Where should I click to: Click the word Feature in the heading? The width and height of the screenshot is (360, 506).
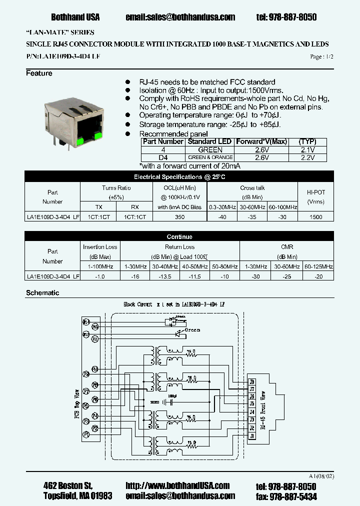point(39,73)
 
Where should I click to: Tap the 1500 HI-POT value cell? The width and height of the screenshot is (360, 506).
point(315,217)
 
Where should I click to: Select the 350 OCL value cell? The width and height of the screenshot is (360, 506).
point(180,217)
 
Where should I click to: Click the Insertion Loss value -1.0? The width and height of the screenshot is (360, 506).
point(100,276)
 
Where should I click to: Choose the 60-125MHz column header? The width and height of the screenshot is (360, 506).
point(318,267)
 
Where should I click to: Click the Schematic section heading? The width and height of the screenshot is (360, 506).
point(42,293)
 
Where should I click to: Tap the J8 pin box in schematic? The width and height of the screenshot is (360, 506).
point(252,381)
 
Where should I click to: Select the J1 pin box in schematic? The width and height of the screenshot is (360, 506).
point(252,435)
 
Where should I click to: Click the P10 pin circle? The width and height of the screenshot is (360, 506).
point(95,369)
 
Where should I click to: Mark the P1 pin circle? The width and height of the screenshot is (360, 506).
point(86,435)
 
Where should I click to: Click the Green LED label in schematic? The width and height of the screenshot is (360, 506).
point(193,330)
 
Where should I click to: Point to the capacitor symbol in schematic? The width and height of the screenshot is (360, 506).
point(170,401)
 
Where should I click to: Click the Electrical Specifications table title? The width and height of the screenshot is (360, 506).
point(179,177)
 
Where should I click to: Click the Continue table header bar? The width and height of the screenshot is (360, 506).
point(179,236)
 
